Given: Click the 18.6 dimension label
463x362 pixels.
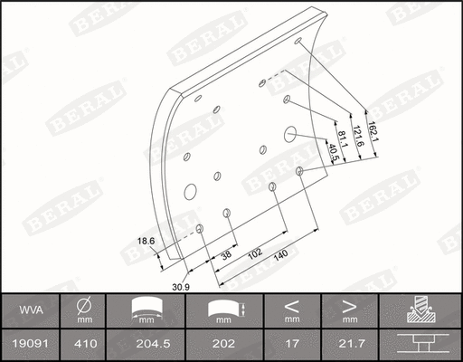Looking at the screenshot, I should pos(146,240).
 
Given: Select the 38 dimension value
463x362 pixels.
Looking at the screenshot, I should pos(226,255).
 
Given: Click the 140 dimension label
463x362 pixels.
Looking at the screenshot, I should pos(280,257).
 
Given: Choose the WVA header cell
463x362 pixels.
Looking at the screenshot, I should pos(29,310).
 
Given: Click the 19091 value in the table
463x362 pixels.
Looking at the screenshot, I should pos(29,344).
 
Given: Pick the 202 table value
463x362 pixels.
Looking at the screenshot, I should pos(223,344).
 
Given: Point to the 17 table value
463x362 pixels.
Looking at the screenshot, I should pos(291,344).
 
